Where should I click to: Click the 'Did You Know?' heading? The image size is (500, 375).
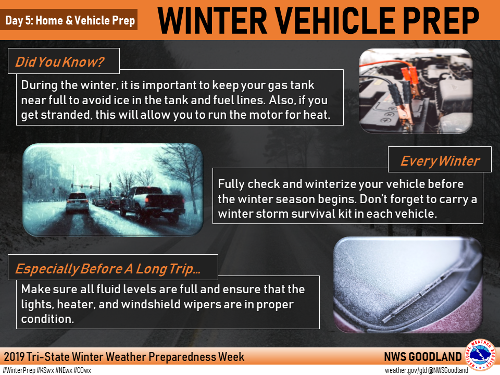coord(59,62)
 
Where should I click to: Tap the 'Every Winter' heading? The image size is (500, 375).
coord(440,161)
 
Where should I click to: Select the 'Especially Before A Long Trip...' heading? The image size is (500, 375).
coord(108,269)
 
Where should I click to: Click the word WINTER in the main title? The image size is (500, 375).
coord(212,20)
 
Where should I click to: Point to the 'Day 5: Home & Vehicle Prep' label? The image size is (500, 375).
coord(70,20)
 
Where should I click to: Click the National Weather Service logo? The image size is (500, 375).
coord(480,355)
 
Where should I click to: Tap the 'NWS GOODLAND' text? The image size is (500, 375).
coord(422,357)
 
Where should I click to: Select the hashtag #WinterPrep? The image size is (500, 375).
coord(19,370)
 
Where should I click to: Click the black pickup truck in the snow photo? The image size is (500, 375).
coord(153,204)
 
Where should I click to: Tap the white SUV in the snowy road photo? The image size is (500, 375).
coord(78,203)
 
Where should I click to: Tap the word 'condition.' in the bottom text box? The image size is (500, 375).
coord(47,319)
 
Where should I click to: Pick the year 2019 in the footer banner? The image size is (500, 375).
coord(15,357)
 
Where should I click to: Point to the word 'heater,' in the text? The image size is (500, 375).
coord(76,304)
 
